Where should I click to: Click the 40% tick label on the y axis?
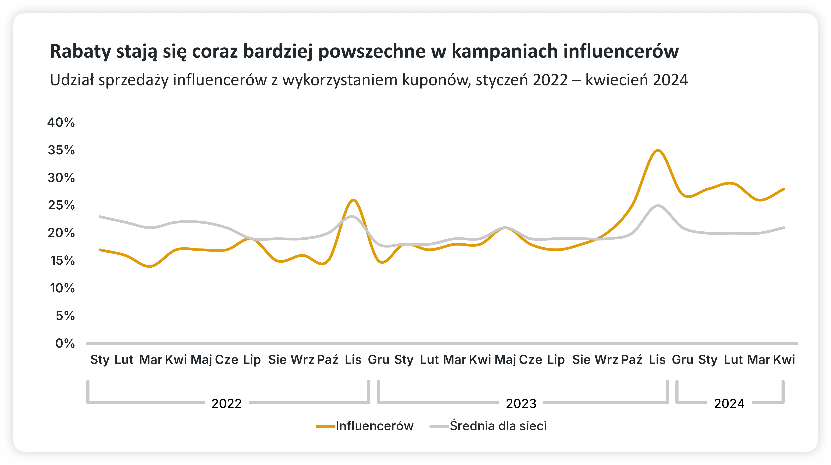tap(61, 123)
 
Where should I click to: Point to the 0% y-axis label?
tap(65, 343)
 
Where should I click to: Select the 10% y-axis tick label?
tap(62, 288)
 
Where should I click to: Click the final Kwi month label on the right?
tap(784, 359)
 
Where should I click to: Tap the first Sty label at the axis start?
tap(100, 359)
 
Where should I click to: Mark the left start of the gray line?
tap(100, 217)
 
